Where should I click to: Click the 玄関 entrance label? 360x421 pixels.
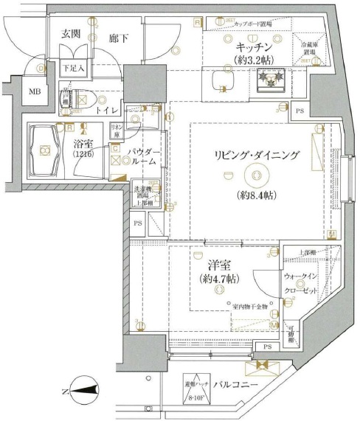click(x=72, y=34)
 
